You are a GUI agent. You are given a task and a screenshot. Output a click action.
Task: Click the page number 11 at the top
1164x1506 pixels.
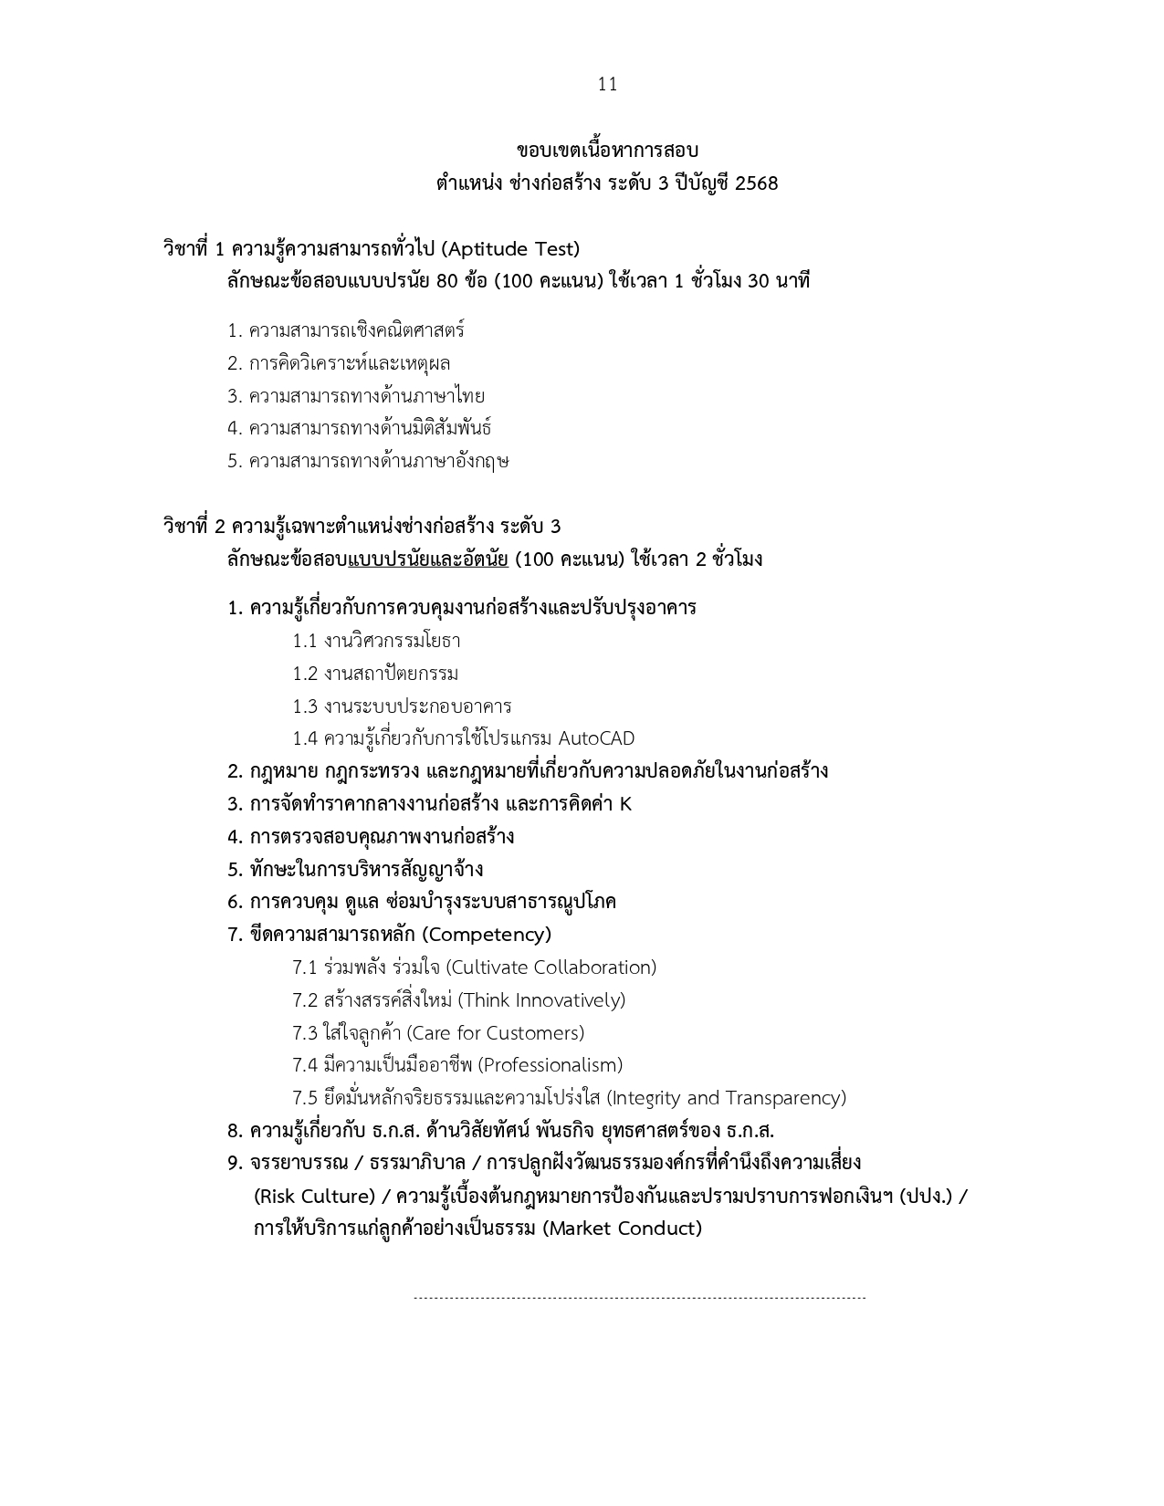(607, 85)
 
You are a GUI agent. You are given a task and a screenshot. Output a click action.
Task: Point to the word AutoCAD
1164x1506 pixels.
(595, 738)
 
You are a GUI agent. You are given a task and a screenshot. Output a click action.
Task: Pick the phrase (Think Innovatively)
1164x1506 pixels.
(541, 1000)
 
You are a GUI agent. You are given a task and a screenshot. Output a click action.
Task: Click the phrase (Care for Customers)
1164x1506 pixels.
(495, 1033)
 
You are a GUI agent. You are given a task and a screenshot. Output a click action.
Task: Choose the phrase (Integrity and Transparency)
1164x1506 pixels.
(727, 1098)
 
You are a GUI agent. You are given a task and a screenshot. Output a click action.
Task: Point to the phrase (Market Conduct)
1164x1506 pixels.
(623, 1229)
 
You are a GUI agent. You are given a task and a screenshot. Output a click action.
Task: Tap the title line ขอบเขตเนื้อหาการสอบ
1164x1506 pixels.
(607, 151)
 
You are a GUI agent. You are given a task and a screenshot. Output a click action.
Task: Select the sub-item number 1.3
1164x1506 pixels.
(305, 706)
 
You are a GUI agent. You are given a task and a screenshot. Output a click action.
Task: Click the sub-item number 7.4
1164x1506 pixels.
(305, 1065)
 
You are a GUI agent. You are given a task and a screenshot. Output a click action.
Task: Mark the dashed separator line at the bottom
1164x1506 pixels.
(639, 1297)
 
